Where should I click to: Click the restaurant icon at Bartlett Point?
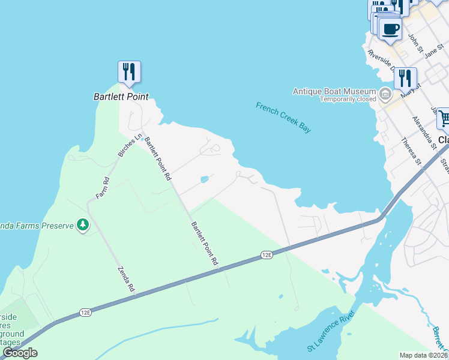(x=129, y=72)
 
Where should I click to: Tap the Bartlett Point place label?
(x=121, y=96)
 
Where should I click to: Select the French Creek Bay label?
(x=284, y=118)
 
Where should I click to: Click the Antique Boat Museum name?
(x=334, y=91)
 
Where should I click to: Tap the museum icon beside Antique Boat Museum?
(x=385, y=94)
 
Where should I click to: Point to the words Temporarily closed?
(x=348, y=99)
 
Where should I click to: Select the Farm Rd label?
(x=102, y=188)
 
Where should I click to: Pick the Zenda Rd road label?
(x=126, y=279)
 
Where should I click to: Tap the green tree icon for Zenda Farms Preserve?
(x=83, y=226)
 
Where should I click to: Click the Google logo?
(x=20, y=353)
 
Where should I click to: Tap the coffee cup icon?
(x=390, y=29)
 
